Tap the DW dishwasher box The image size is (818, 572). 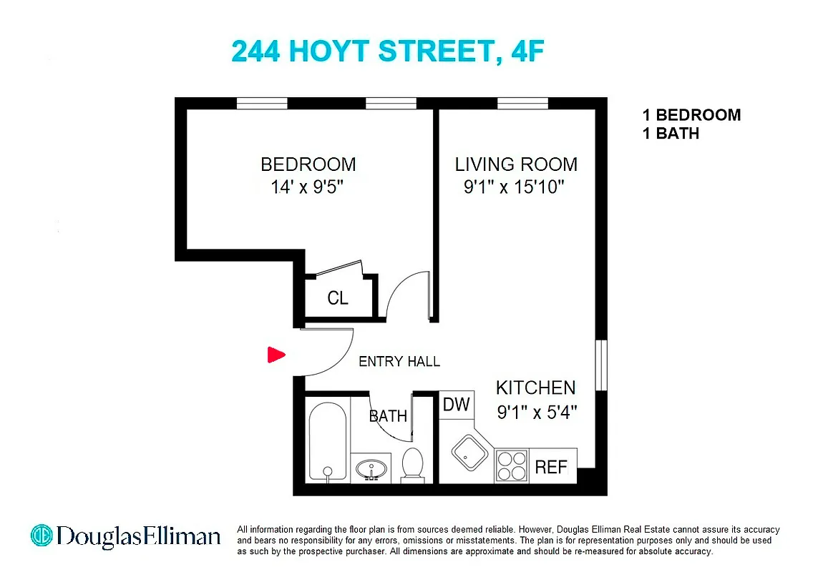[456, 405]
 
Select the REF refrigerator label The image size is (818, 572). [551, 468]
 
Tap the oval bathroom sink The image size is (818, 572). [371, 469]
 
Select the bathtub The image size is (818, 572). [328, 440]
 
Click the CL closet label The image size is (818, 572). [338, 298]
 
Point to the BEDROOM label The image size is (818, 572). [308, 164]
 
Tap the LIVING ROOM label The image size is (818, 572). [516, 164]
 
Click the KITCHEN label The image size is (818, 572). [536, 388]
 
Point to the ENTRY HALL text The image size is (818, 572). [399, 362]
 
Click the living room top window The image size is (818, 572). [522, 104]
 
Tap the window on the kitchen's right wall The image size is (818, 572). [601, 365]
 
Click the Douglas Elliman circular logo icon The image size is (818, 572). [42, 536]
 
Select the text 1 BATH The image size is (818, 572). [671, 133]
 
